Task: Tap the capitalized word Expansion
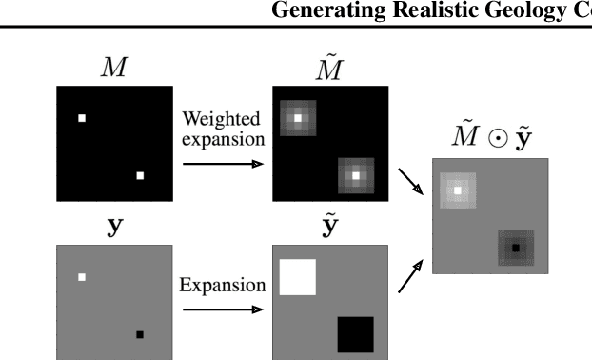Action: (220, 285)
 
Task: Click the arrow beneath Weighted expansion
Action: (222, 164)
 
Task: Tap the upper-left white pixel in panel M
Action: (82, 118)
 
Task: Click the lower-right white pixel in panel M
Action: (140, 175)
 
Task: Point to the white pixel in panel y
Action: (82, 277)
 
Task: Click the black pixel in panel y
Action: (140, 334)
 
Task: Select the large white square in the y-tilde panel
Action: (297, 276)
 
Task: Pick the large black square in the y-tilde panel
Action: (355, 334)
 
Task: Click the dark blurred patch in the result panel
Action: (515, 248)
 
